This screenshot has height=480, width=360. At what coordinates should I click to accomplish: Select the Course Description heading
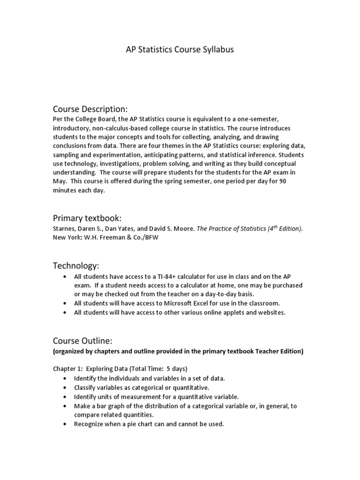[x=90, y=109]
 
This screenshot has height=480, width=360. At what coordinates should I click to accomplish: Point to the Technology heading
[x=76, y=266]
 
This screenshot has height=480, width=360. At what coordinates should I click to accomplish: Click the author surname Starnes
[x=63, y=229]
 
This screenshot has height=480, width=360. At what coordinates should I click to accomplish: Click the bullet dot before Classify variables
[x=64, y=387]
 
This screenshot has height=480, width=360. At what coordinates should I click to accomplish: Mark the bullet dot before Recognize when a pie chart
[x=64, y=424]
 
